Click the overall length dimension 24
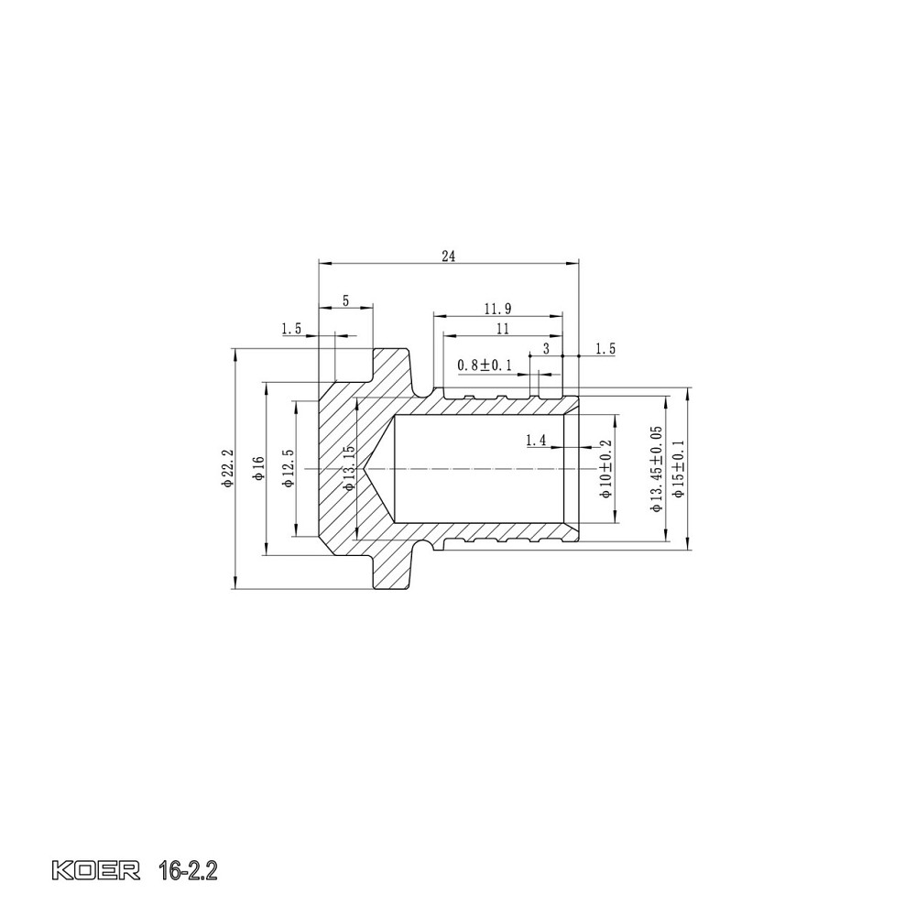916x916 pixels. (448, 256)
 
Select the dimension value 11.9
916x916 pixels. (500, 308)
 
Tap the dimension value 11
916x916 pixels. (502, 328)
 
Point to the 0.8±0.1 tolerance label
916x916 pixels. (485, 365)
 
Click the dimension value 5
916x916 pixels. (345, 300)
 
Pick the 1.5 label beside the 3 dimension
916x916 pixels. (605, 349)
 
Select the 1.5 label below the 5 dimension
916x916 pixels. (291, 328)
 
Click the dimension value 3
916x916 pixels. (546, 349)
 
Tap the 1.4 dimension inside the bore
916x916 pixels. (536, 441)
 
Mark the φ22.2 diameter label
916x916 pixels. (228, 468)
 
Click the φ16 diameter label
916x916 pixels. (257, 468)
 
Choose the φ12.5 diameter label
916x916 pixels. (288, 468)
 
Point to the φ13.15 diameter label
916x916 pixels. (348, 468)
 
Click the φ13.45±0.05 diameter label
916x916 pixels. (656, 468)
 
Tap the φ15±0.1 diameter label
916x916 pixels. (679, 468)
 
